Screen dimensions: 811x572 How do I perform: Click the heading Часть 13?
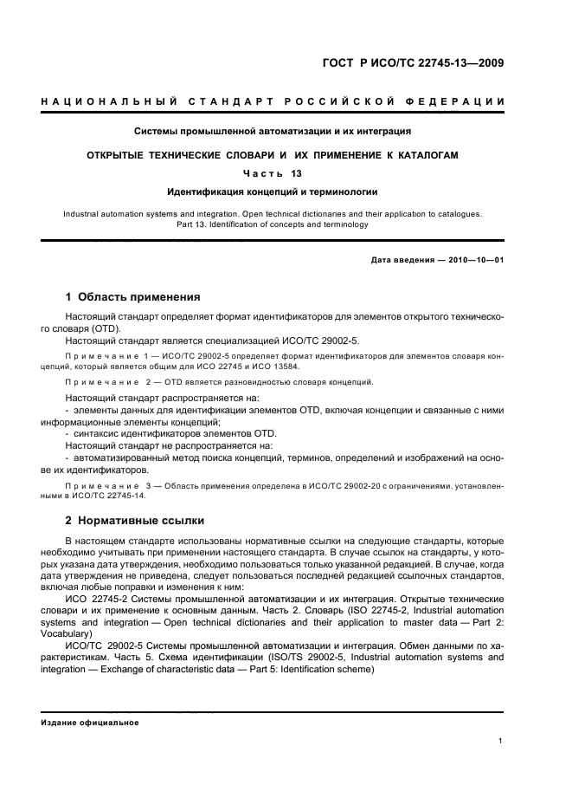point(272,173)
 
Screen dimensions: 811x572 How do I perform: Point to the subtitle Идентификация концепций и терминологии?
point(272,191)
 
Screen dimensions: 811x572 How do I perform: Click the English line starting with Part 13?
point(272,224)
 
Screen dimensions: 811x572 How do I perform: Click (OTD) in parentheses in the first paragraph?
point(105,328)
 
